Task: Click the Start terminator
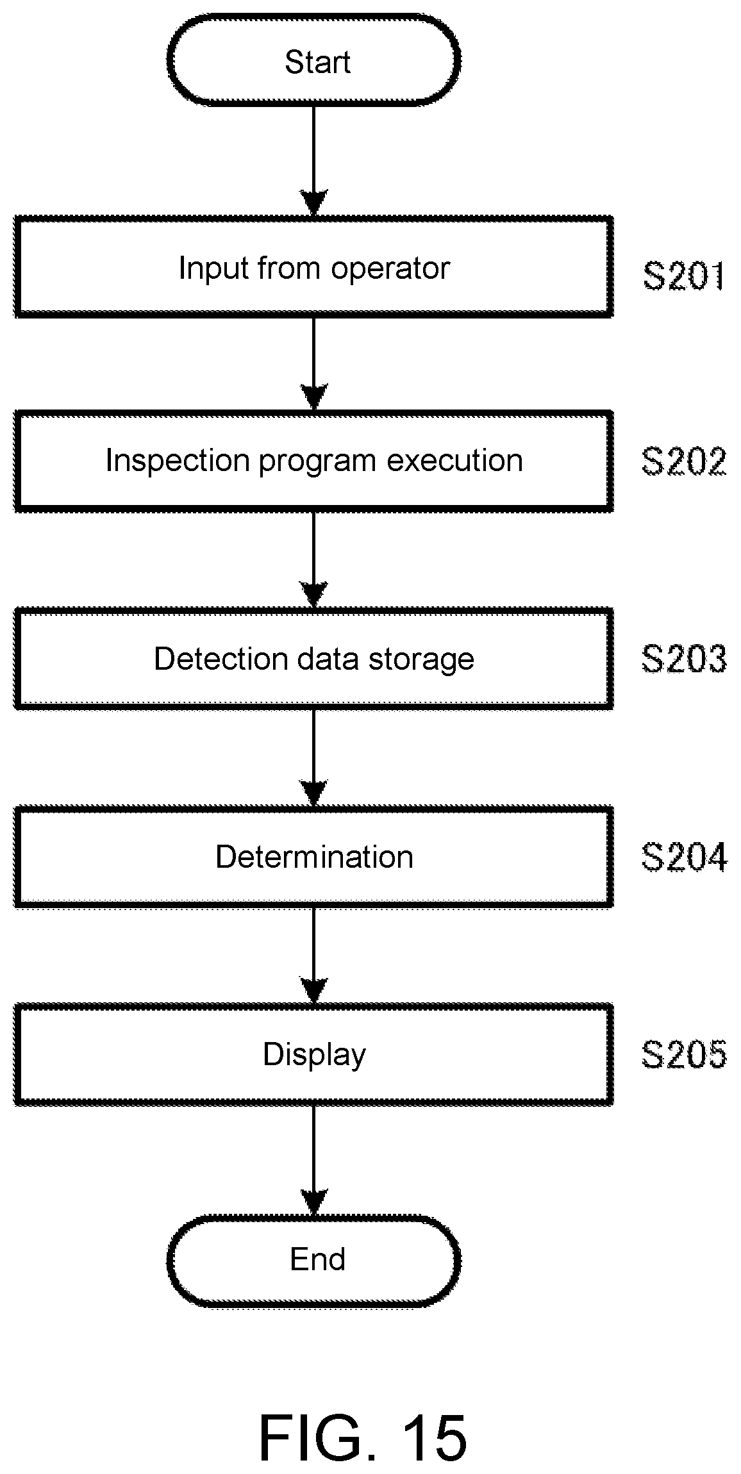314,60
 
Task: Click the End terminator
314,1259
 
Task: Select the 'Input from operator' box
314,267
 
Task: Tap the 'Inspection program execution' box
314,461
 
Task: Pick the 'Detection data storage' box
314,659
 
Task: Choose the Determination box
314,857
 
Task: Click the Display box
314,1054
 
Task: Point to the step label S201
684,276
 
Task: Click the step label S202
684,461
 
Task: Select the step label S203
684,659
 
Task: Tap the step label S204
684,857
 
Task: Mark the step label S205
684,1054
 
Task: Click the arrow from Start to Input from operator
314,161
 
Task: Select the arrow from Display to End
314,1160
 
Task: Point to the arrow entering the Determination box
314,758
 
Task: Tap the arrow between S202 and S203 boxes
314,560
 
